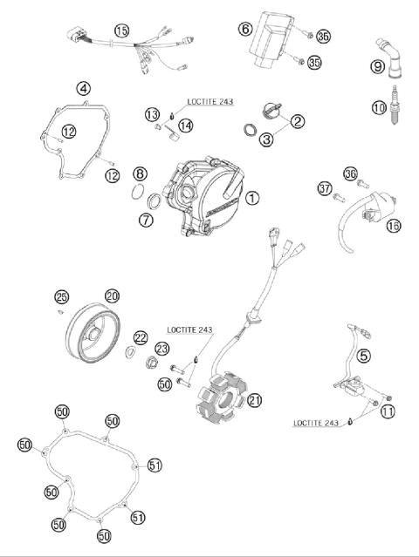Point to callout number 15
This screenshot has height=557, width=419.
[x=121, y=31]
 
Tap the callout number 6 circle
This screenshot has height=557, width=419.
[x=245, y=31]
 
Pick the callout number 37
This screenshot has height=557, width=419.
[x=324, y=189]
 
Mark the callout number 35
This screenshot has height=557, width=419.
[x=314, y=63]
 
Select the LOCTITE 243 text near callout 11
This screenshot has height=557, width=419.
[x=317, y=423]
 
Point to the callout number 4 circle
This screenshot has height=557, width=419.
[x=83, y=88]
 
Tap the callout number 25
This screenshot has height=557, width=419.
[x=61, y=296]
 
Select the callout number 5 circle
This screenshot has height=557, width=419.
[x=363, y=355]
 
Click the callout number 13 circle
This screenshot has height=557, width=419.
[x=151, y=114]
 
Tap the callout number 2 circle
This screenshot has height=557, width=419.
[x=298, y=121]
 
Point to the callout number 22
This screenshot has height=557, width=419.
[x=140, y=337]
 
